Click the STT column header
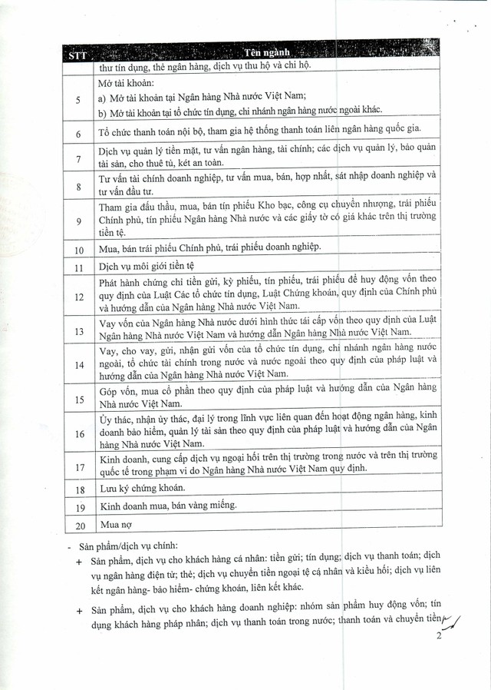coord(77,55)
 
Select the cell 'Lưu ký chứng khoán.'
coord(145,489)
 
